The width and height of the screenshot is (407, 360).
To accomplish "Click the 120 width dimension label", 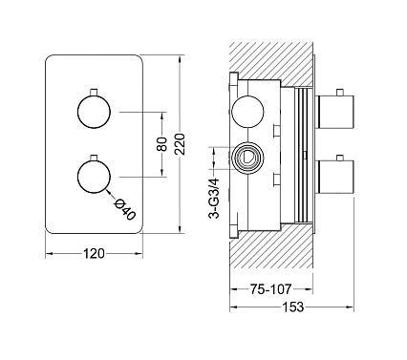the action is coord(94,254).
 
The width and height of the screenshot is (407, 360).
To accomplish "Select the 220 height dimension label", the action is coord(181,144).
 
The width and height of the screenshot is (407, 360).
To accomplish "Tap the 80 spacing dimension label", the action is coord(162,144).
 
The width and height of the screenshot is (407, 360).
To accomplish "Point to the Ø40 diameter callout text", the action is coord(125,209).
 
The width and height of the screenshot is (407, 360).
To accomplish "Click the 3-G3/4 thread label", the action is coord(215,199).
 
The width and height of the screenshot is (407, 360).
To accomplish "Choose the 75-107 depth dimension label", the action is coord(270,289).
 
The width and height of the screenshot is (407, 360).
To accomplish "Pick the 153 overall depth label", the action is coord(292,307).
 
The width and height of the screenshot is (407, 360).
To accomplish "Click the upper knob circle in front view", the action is coord(94,113).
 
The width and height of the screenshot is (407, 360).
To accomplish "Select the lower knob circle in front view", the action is coord(94,178).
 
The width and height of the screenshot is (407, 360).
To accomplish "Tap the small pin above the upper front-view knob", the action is coord(94,92).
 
